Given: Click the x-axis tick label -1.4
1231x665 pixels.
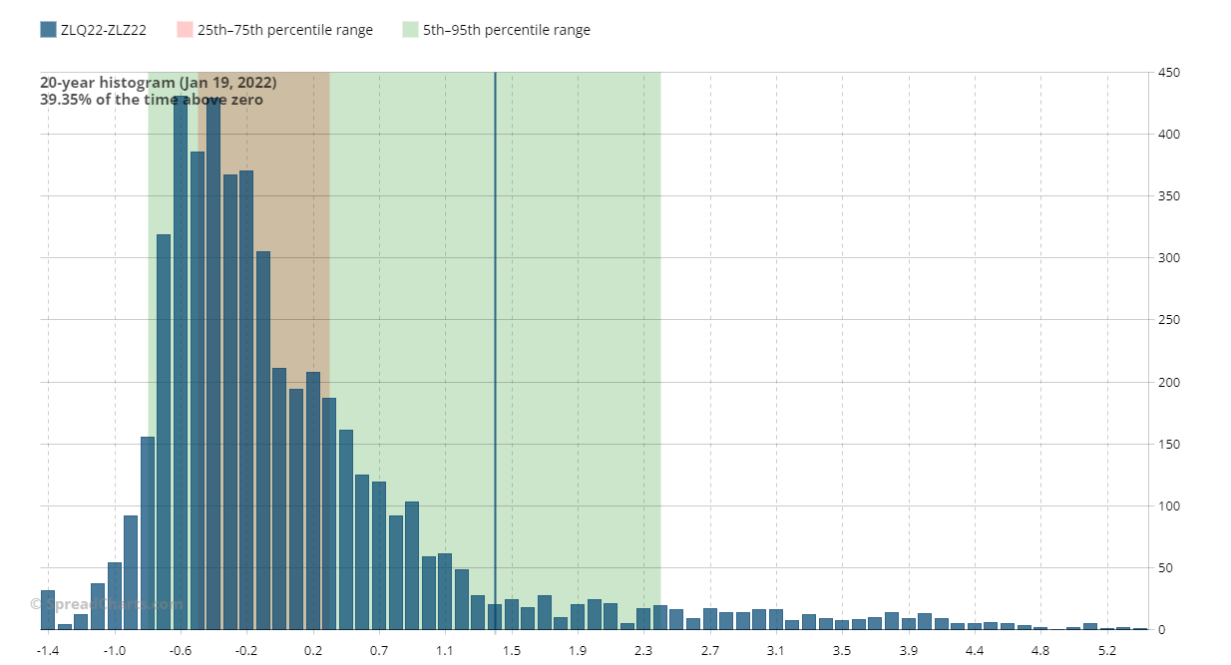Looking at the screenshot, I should [x=47, y=651].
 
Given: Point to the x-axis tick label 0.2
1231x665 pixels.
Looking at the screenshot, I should [x=313, y=651].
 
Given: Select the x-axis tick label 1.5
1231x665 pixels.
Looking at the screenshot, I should [x=511, y=651].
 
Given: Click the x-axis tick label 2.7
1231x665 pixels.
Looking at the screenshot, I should [x=710, y=651].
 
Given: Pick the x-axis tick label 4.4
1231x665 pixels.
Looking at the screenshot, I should [x=975, y=651].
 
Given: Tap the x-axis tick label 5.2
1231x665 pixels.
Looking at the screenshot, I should [x=1107, y=651].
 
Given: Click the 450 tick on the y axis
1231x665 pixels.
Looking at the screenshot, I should [x=1169, y=73].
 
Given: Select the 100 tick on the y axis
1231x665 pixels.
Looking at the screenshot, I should [x=1169, y=506].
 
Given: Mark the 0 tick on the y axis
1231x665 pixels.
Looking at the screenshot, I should [x=1162, y=630].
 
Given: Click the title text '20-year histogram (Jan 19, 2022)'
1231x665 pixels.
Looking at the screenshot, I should [x=158, y=83].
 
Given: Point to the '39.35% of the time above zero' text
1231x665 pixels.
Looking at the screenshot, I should [x=151, y=100].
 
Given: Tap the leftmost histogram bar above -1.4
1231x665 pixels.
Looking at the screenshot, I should [x=48, y=610].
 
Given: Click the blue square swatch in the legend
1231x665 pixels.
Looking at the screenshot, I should [x=48, y=30].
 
